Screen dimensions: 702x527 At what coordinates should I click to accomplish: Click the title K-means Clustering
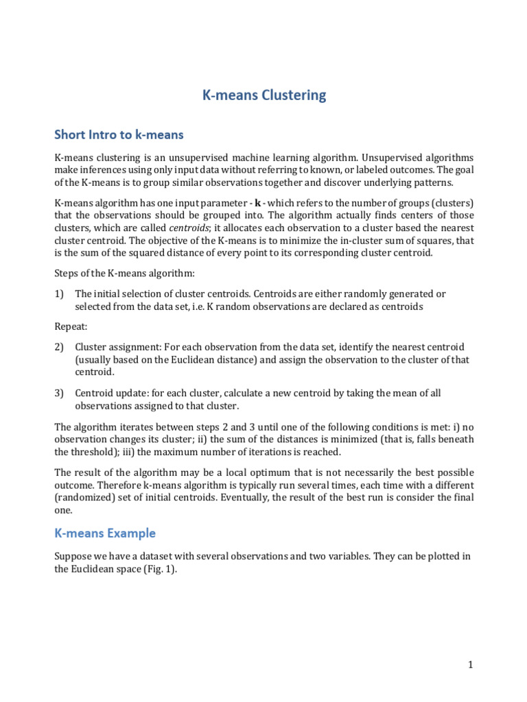point(264,95)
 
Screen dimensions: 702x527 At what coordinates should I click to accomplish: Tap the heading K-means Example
point(105,533)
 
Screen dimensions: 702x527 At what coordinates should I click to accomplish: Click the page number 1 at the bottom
point(471,664)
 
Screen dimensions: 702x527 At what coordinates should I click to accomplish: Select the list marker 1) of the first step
point(60,293)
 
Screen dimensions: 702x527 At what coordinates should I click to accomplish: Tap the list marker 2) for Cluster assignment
point(60,347)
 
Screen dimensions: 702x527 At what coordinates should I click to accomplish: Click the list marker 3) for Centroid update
point(60,393)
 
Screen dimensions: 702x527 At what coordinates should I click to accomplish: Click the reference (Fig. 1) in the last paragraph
point(157,569)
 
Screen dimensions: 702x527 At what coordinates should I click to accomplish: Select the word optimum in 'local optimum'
point(274,473)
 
